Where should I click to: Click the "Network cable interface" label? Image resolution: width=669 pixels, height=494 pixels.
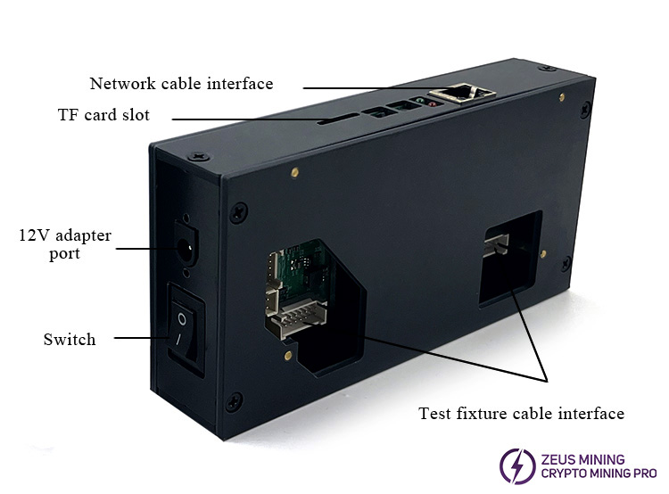(181, 84)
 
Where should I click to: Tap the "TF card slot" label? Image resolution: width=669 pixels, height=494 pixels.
(103, 115)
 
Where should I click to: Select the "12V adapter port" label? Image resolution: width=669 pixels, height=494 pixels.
(65, 244)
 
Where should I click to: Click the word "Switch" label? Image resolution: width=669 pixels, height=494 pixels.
(70, 340)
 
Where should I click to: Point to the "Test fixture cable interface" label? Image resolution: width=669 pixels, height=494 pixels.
(521, 413)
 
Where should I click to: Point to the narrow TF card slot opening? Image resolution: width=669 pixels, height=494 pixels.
(340, 117)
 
